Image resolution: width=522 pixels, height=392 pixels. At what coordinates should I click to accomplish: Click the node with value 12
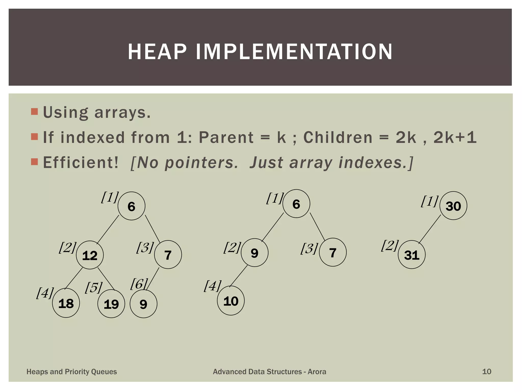point(90,255)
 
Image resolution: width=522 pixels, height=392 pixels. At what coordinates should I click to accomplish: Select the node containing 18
point(66,303)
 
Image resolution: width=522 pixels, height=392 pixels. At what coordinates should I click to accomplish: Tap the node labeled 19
point(111,304)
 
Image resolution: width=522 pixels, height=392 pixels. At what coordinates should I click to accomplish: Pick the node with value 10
point(231,301)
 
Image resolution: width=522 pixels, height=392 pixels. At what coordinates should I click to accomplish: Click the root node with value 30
point(453,206)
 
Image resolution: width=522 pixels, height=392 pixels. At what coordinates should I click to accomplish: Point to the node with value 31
point(412,255)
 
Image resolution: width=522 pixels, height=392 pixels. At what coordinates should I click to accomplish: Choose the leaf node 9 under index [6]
point(143,304)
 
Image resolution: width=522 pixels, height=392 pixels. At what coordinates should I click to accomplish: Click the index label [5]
point(94,288)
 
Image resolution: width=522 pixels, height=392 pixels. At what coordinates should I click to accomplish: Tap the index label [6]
point(139,284)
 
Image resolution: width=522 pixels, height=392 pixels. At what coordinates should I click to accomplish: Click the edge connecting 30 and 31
point(430,229)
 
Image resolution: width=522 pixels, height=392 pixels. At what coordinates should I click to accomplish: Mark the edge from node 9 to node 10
point(239,276)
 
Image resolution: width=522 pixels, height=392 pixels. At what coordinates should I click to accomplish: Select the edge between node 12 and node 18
point(74,278)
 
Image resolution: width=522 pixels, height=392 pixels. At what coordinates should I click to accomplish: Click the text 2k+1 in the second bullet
point(455,138)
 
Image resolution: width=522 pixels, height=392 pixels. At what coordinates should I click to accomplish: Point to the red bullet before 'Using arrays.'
point(34,112)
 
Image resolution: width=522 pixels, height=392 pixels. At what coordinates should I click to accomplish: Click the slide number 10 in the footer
point(487,372)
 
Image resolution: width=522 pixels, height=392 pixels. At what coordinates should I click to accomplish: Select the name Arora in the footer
point(317,372)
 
